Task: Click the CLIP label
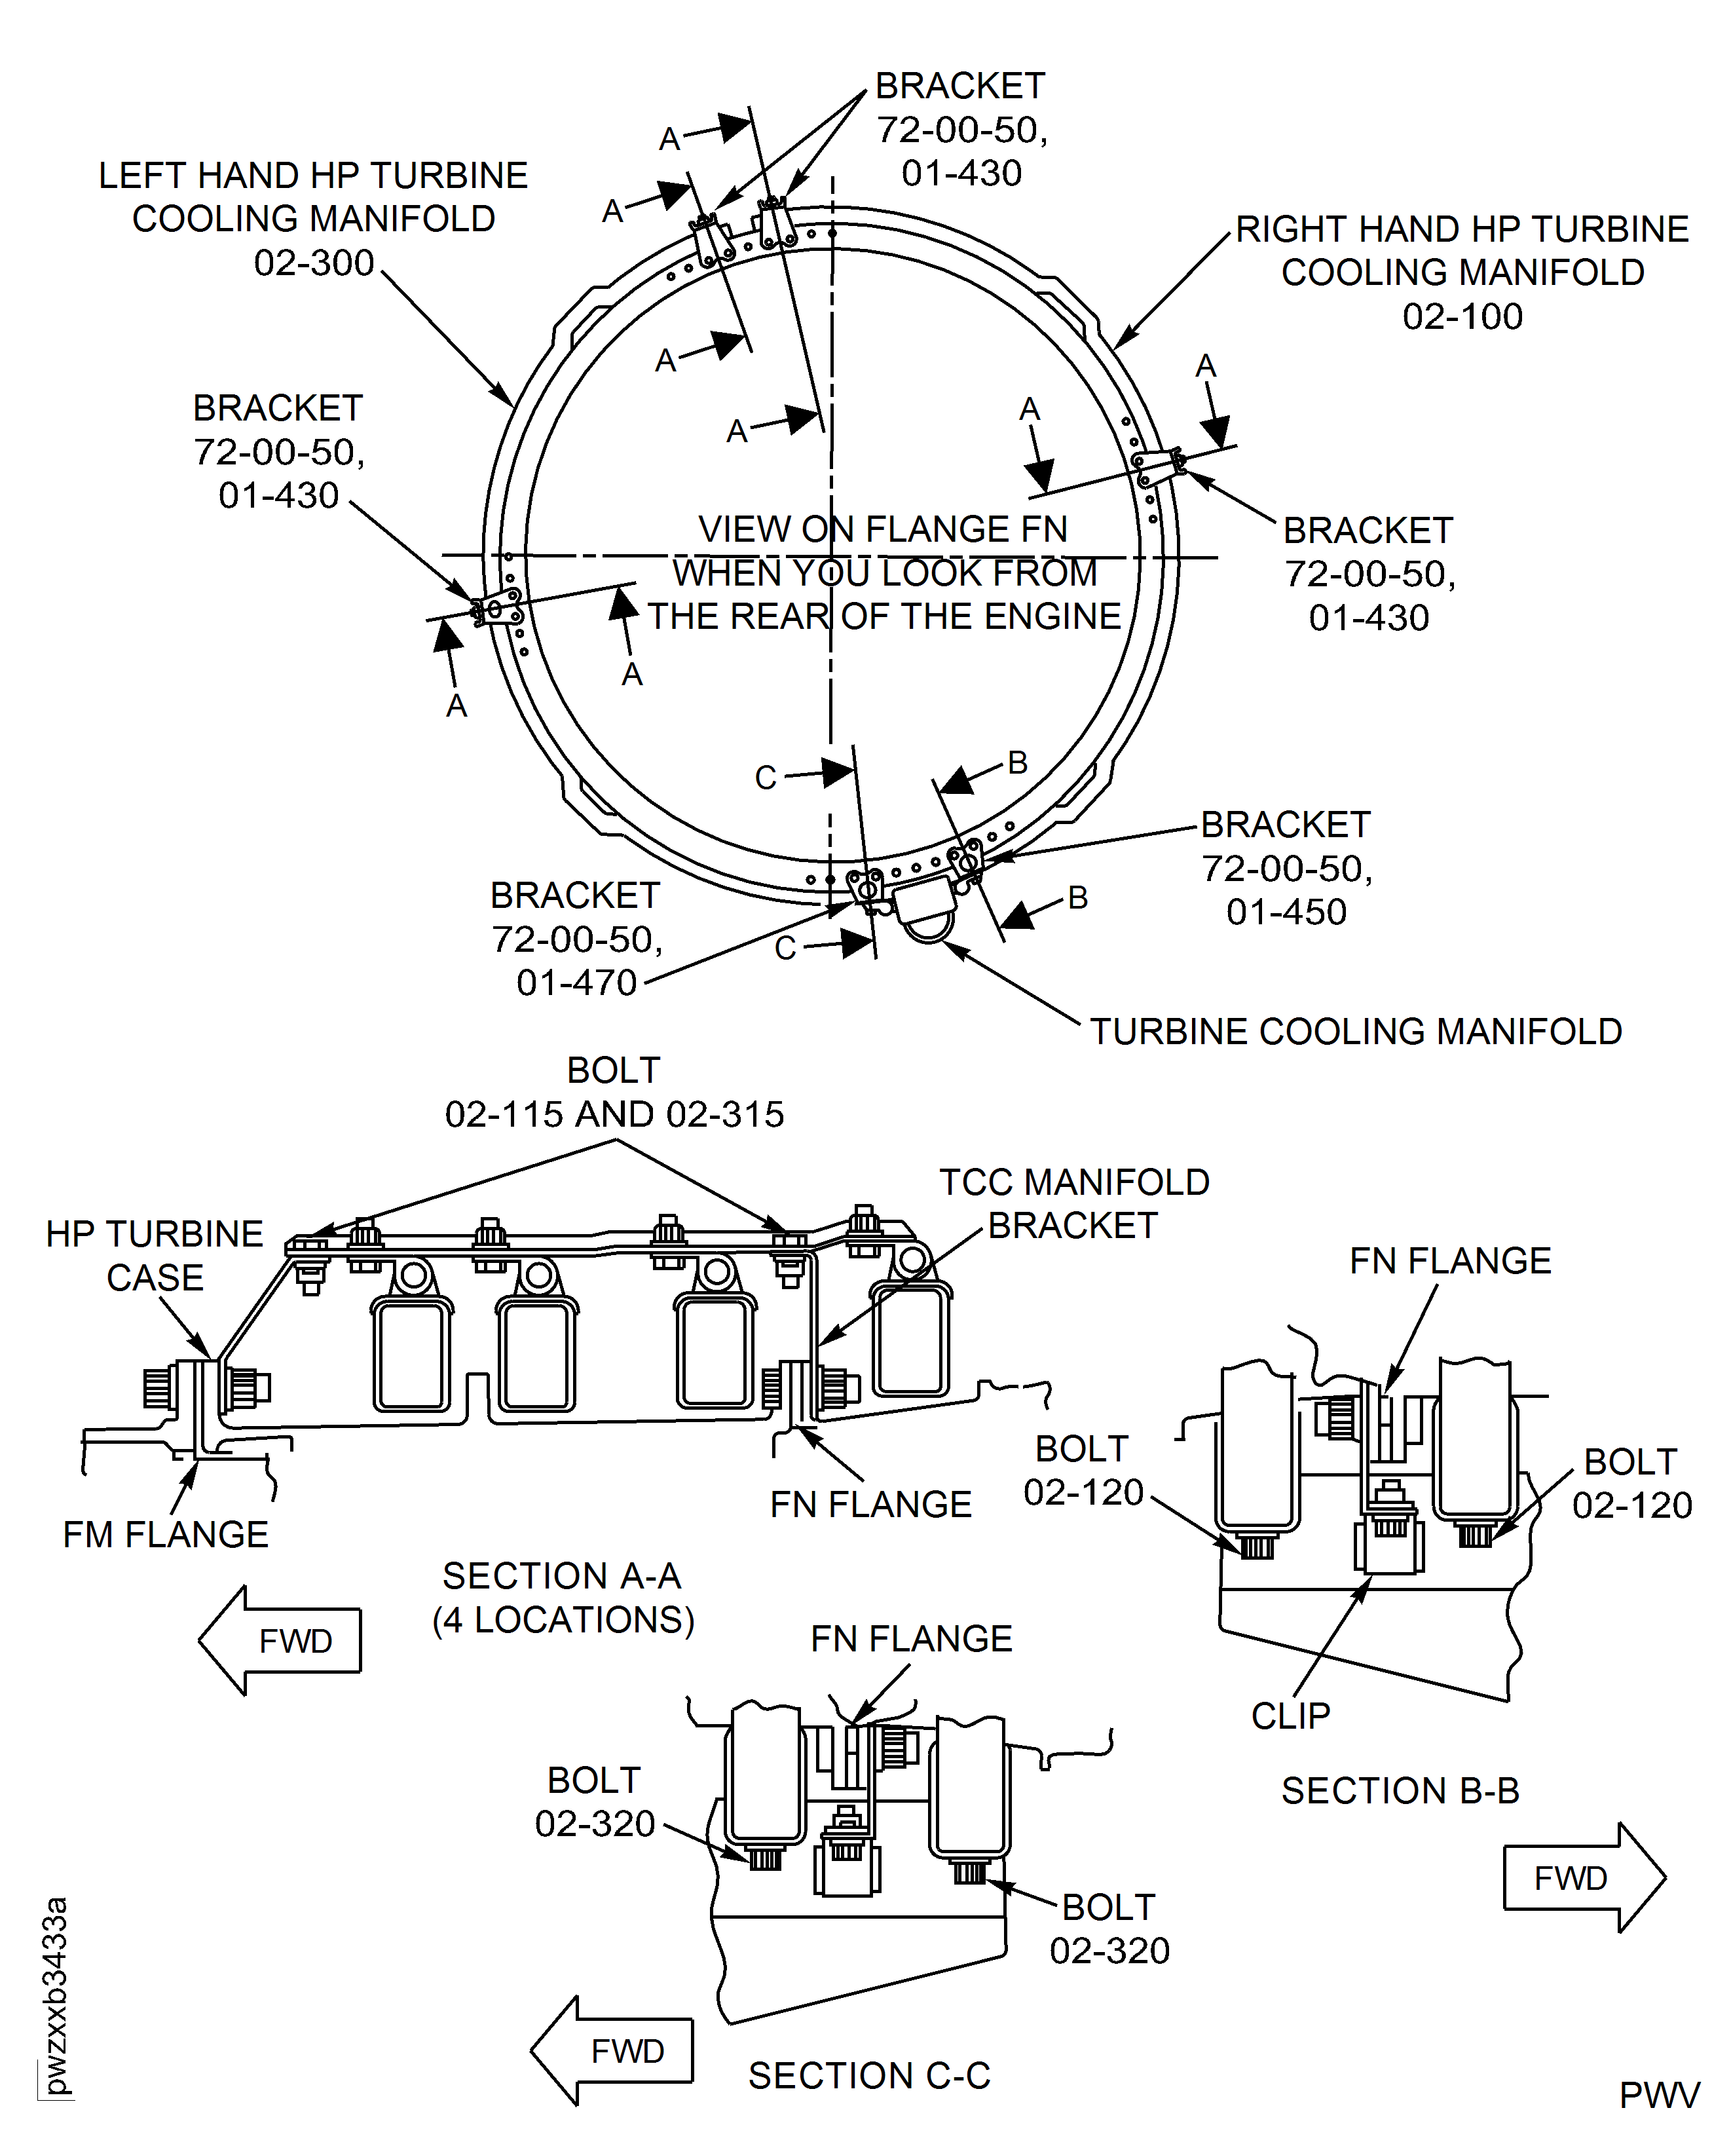(x=1290, y=1715)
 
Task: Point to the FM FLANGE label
(x=166, y=1533)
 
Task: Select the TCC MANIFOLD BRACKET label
(x=1074, y=1203)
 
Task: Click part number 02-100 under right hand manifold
(x=1462, y=316)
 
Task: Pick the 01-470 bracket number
(x=576, y=982)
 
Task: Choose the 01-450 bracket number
(x=1286, y=911)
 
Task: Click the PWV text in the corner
(x=1659, y=2095)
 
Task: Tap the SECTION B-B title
(x=1400, y=1790)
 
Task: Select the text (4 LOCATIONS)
(x=563, y=1619)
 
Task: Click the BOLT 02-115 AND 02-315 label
(x=614, y=1092)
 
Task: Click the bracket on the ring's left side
(x=496, y=607)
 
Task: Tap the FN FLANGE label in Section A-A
(x=870, y=1504)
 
